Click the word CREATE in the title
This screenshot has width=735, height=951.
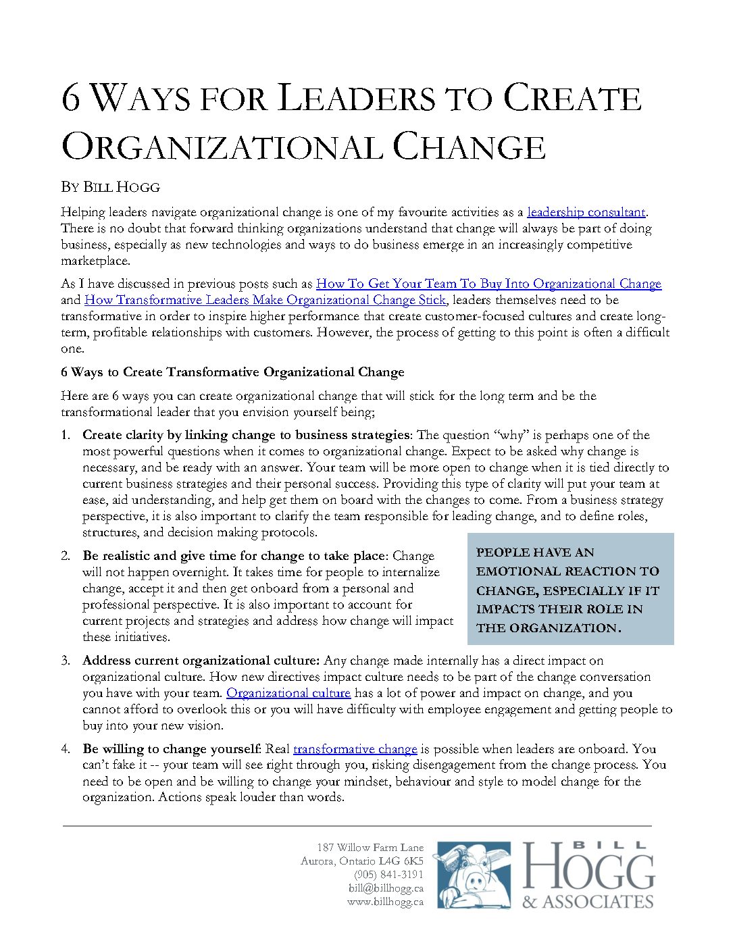572,99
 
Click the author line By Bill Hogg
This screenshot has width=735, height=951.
110,187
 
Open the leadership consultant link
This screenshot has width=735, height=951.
586,212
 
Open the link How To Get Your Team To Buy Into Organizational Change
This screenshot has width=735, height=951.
488,284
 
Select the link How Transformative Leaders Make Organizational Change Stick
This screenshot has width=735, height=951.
265,300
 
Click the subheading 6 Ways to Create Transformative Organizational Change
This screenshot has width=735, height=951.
232,372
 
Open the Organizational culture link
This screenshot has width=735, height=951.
288,693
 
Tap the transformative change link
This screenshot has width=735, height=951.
355,749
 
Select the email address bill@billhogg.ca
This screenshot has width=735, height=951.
386,888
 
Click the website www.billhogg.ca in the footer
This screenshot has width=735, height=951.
385,902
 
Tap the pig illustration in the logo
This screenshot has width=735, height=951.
474,875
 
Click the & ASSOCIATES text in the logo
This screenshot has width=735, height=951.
588,902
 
